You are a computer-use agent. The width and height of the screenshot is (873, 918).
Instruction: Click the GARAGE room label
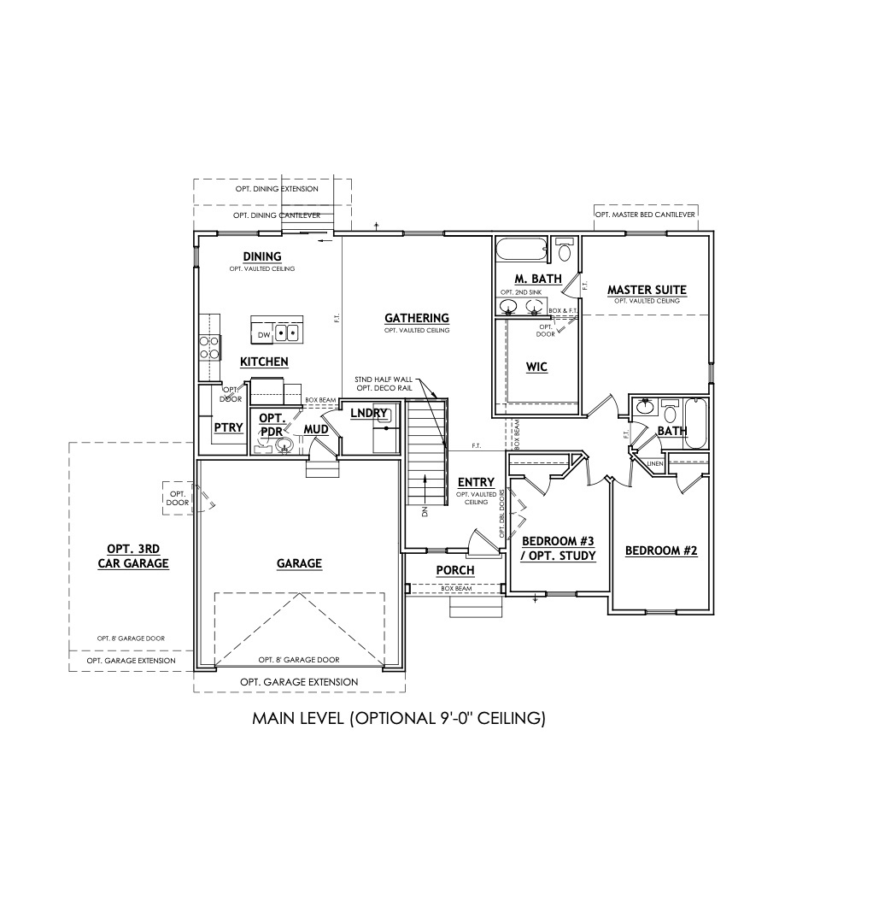click(299, 563)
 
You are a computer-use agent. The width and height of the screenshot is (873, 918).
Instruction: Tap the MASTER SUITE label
click(647, 290)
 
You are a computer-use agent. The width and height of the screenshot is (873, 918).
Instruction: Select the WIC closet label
click(536, 367)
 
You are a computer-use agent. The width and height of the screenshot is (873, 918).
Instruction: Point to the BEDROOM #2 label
click(661, 550)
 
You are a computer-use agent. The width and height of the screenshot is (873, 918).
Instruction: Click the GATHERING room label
click(416, 318)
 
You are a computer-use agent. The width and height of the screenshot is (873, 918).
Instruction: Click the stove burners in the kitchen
click(208, 346)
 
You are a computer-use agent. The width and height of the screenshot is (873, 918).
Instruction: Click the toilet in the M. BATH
click(565, 251)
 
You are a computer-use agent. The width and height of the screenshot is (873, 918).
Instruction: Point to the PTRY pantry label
click(228, 427)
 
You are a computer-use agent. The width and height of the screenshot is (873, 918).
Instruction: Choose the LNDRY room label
click(369, 414)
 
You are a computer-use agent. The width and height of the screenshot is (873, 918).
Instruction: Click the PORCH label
click(454, 570)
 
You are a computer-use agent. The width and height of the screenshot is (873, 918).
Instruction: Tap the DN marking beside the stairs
click(425, 513)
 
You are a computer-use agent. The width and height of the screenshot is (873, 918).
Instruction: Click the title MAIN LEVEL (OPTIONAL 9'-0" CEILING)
click(399, 719)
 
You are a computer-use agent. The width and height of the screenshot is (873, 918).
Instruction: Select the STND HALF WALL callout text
click(384, 378)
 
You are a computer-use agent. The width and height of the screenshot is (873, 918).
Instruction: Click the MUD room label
click(316, 429)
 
